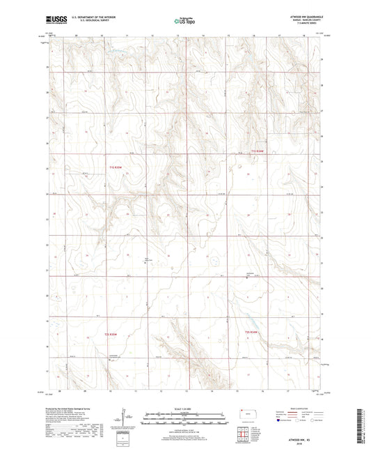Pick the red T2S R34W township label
point(255,332)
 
